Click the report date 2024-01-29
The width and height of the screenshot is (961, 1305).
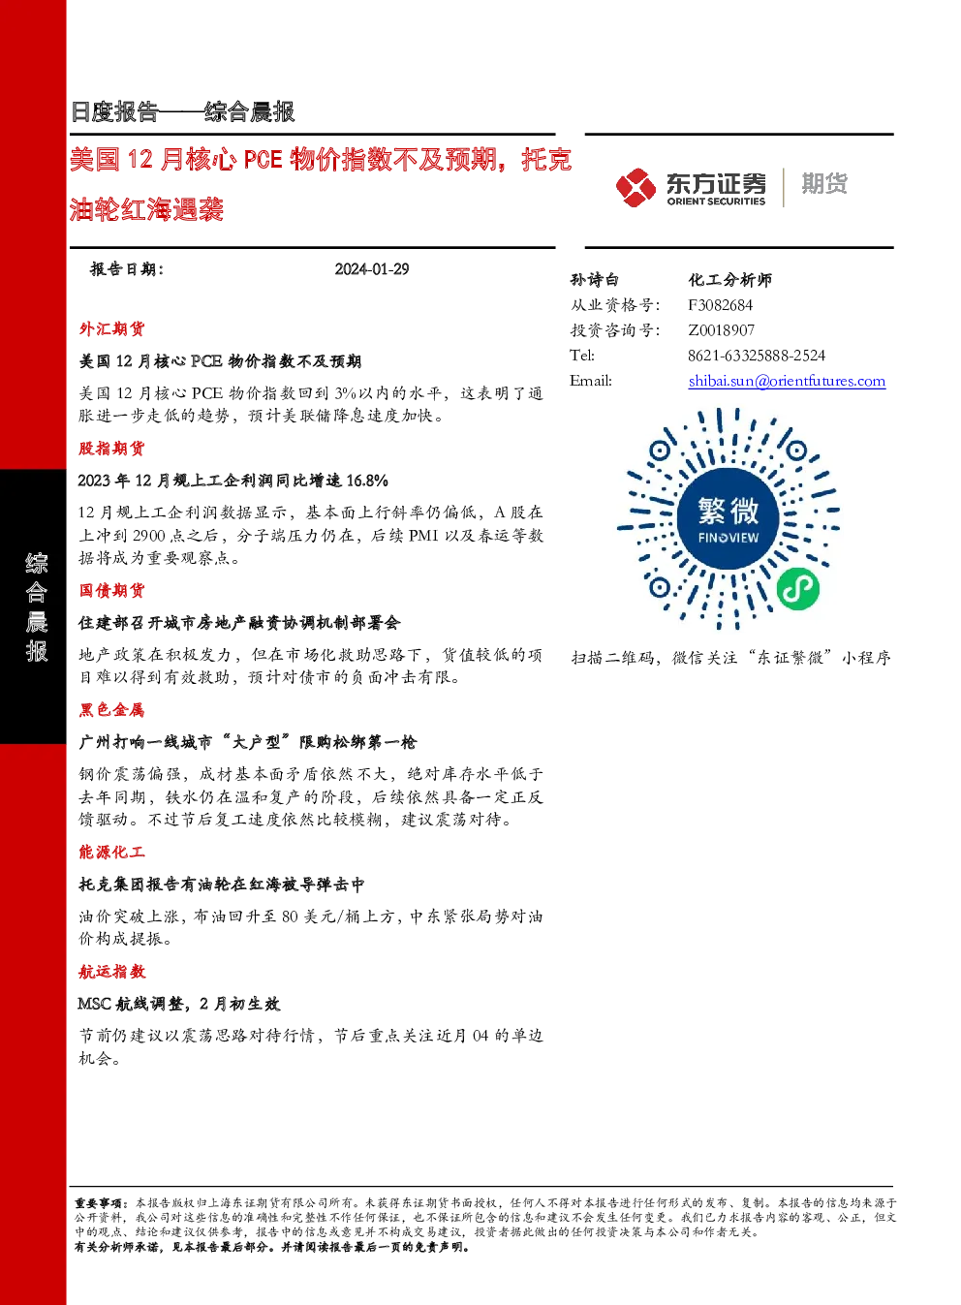372,269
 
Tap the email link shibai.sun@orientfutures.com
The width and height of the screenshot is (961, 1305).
787,381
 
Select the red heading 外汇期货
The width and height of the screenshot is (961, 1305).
111,329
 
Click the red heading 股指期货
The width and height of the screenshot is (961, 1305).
111,449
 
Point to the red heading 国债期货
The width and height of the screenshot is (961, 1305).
111,591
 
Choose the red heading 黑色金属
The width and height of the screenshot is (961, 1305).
111,709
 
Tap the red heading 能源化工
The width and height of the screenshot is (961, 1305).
111,853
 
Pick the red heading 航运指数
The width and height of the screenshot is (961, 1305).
111,971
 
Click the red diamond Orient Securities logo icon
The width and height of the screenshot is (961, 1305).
636,188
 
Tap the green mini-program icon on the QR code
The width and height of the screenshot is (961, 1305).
798,588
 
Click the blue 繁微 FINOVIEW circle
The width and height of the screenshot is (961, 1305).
728,518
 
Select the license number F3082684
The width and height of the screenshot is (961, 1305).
720,305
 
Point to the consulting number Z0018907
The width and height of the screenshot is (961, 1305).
721,330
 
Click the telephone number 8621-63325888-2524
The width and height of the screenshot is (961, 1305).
757,356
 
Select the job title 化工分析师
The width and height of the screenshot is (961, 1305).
729,280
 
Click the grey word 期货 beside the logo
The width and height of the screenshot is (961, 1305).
824,183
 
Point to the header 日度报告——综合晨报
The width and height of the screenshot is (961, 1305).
182,111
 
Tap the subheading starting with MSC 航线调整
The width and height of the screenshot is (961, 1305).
179,1004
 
